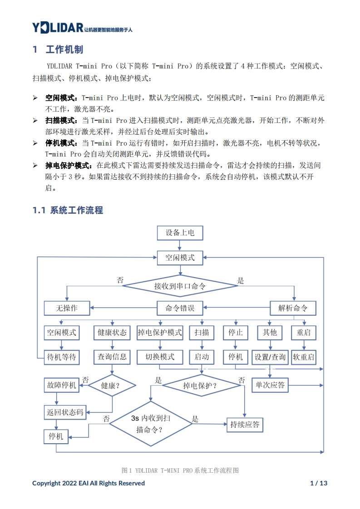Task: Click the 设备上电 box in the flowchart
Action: click(180, 233)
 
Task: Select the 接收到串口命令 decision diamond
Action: click(180, 286)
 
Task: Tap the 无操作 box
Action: click(67, 308)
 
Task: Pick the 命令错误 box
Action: click(180, 308)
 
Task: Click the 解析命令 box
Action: click(293, 308)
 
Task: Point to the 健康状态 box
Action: click(112, 333)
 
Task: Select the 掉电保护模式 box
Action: click(160, 333)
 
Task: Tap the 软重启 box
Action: click(304, 357)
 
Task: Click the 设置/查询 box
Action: click(270, 357)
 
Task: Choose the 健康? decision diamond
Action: click(112, 386)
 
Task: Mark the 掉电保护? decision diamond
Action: click(201, 386)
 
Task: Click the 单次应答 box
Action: click(270, 385)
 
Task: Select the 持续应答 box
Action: click(245, 425)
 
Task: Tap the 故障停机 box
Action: click(62, 386)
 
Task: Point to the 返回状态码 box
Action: click(65, 412)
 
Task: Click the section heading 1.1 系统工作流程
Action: click(68, 210)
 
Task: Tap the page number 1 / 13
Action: click(318, 483)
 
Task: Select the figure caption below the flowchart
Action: click(180, 470)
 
